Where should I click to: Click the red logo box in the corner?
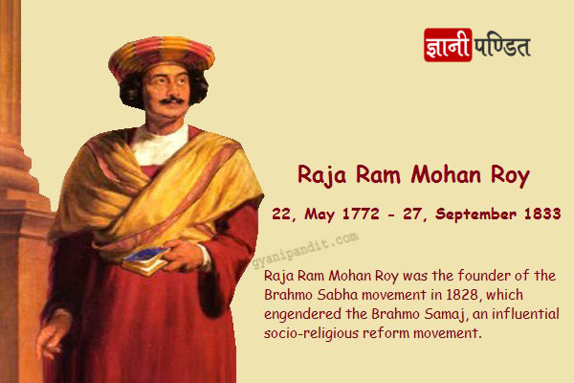(448, 45)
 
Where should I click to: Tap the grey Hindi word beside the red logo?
(502, 46)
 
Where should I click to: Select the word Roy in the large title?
(510, 176)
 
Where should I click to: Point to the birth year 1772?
(361, 214)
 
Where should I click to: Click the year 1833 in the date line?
(542, 214)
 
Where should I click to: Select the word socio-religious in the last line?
(311, 334)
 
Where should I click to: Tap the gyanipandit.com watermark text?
(305, 250)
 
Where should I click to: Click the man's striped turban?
(162, 56)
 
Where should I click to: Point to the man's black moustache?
(171, 100)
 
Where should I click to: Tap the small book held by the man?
(144, 260)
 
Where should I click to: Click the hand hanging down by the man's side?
(53, 334)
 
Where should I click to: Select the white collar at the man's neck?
(160, 145)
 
